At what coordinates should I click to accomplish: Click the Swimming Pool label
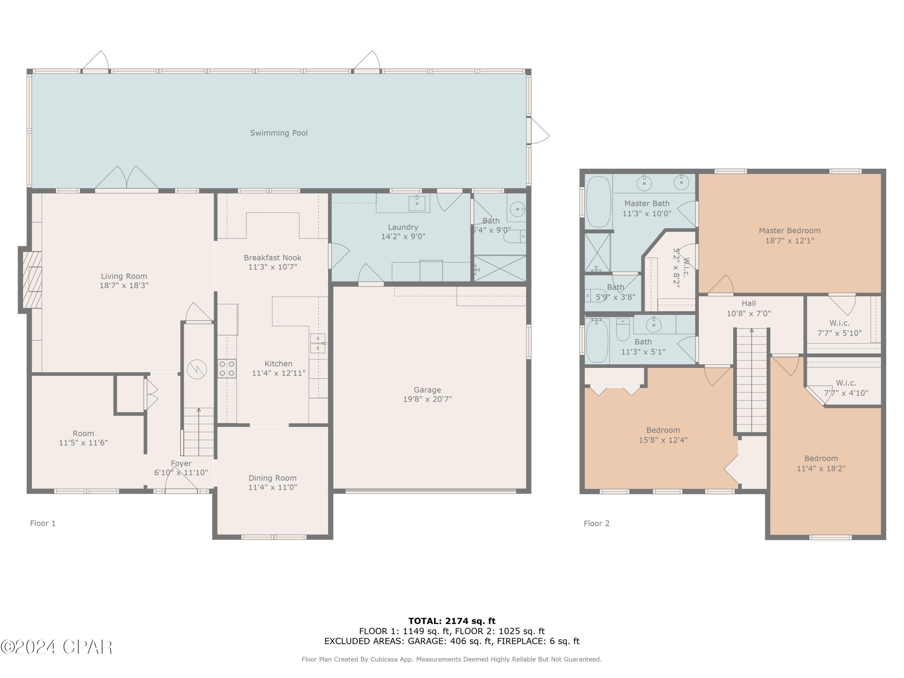(279, 133)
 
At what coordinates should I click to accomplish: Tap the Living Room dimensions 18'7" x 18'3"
(124, 285)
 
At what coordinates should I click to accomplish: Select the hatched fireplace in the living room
(32, 280)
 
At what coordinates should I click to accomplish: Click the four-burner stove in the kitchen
(227, 368)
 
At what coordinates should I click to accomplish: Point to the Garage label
(427, 390)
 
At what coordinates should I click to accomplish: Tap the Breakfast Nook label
(273, 257)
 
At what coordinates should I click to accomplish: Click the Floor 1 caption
(43, 523)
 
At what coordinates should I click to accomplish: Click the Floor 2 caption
(596, 523)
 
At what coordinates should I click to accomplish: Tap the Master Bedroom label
(789, 231)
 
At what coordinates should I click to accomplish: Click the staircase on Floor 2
(752, 380)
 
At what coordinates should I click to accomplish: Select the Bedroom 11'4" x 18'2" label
(821, 463)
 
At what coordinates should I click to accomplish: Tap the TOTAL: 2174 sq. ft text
(452, 621)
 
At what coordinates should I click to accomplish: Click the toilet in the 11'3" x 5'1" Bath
(623, 330)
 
